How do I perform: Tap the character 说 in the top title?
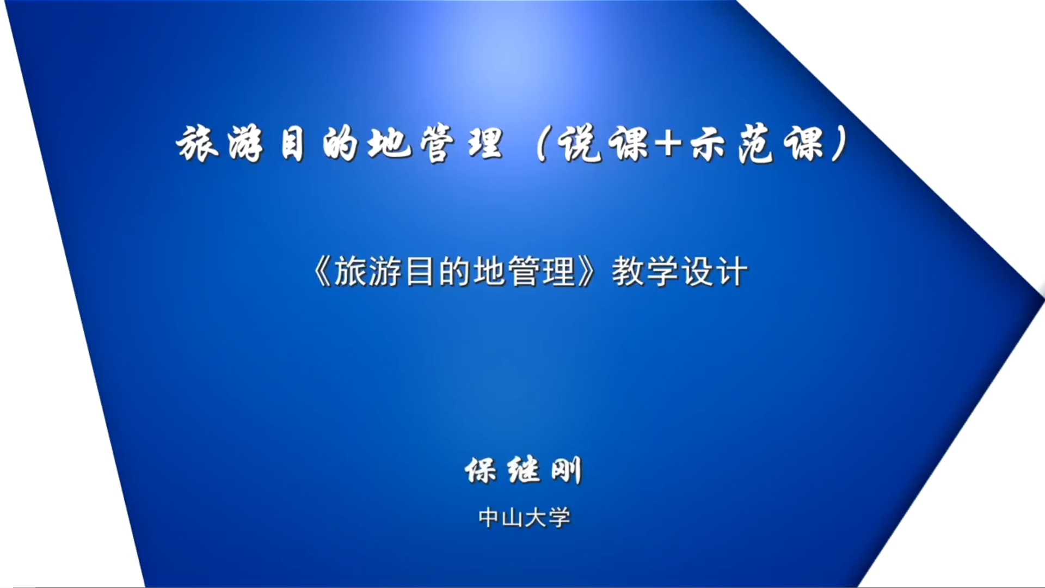point(581,144)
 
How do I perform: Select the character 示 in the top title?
point(711,145)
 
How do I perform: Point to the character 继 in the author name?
point(524,470)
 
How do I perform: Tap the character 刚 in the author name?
point(567,470)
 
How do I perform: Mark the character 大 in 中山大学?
point(536,518)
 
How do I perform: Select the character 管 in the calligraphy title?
point(437,144)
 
